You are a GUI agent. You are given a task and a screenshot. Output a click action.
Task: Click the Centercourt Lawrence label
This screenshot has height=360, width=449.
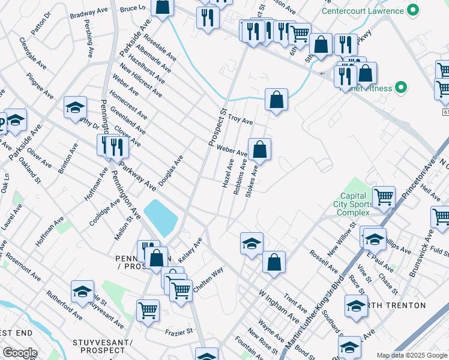click(362, 11)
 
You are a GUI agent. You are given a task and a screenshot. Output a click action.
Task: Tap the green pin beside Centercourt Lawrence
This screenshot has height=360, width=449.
click(412, 10)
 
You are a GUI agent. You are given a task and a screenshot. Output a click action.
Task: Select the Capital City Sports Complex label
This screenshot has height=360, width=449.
click(353, 204)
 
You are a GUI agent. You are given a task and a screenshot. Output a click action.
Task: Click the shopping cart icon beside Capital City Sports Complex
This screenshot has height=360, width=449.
click(383, 196)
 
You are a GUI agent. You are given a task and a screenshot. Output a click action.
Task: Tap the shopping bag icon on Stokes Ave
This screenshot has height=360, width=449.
click(259, 149)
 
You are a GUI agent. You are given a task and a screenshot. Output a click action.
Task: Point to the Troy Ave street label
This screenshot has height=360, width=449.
click(240, 120)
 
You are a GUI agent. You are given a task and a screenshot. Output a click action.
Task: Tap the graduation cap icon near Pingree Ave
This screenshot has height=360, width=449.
click(76, 107)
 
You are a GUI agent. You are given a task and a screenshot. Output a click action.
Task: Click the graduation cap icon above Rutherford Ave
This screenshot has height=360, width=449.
click(82, 292)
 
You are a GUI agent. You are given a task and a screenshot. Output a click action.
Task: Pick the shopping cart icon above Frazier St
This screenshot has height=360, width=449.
click(148, 310)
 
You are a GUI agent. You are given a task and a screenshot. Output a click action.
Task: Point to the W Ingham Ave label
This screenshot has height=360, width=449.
click(279, 307)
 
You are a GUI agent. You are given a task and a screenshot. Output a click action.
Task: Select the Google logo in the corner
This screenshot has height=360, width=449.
click(20, 353)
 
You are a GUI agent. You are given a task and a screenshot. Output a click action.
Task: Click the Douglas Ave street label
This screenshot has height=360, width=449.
click(170, 170)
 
